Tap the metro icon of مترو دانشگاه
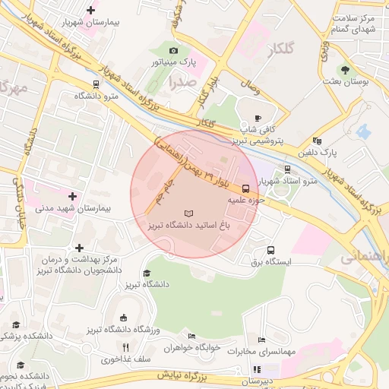[x=96, y=84]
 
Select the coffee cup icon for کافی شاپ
[x=258, y=118]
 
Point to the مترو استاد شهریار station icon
[x=287, y=169]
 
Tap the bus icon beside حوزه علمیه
[x=245, y=188]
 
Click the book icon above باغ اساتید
[x=189, y=213]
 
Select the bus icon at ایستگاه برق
[x=270, y=250]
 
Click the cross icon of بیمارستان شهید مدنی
[x=72, y=197]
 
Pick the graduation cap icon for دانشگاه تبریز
[x=147, y=274]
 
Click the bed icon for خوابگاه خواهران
[x=191, y=336]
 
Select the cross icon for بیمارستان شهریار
[x=91, y=11]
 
